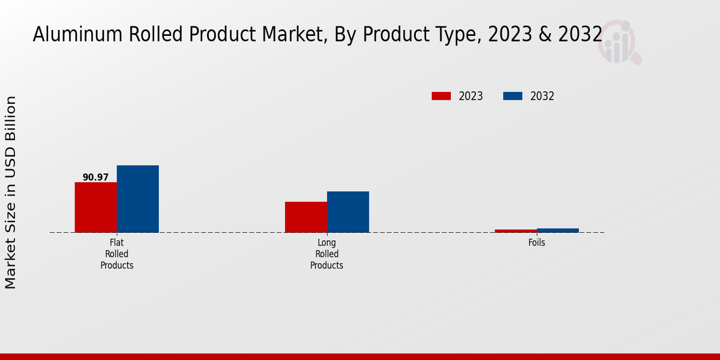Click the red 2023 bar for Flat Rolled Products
(x=95, y=207)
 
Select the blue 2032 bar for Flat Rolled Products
(x=137, y=199)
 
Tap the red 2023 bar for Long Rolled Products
(x=305, y=217)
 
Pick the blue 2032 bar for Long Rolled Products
(x=347, y=212)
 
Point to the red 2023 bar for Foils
(x=515, y=231)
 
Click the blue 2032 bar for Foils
(x=557, y=230)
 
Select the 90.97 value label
(x=95, y=178)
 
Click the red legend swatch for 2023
(x=441, y=96)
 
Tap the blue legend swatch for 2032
(x=512, y=96)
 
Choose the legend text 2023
(x=471, y=96)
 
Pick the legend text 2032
(x=542, y=96)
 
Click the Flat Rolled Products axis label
(x=117, y=254)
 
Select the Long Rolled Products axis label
(x=327, y=254)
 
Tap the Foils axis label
(x=537, y=243)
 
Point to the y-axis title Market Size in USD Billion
(x=11, y=192)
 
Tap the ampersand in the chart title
(x=544, y=35)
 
